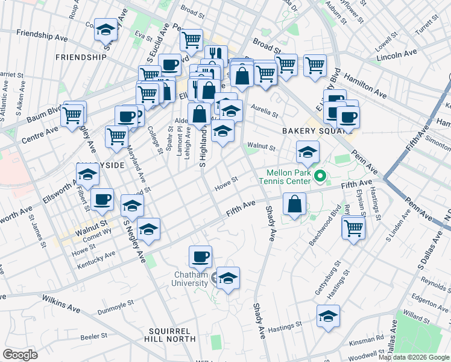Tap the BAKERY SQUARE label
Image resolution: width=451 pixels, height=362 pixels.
pos(307,130)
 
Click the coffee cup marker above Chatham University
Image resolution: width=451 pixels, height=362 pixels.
pos(200,256)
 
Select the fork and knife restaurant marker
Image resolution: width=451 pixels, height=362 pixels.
pos(216,56)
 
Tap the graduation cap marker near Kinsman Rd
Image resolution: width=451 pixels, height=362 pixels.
pos(328,316)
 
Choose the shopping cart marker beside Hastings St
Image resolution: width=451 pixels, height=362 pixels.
pos(353,227)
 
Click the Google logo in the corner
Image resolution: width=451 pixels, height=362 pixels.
pos(20,355)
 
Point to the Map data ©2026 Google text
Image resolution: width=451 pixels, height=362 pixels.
pos(413,357)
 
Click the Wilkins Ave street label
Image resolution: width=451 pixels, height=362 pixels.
pos(57,308)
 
